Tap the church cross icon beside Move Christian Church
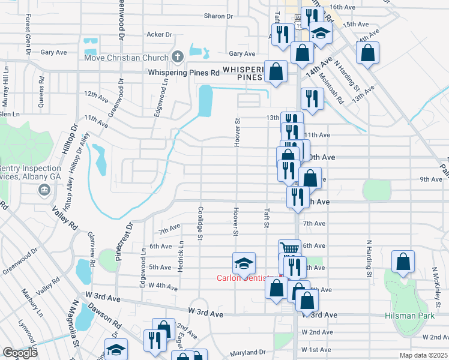point(177,58)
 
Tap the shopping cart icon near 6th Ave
point(290,248)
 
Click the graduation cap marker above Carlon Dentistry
point(244,263)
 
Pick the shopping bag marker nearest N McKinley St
point(403,262)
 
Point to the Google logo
point(20,352)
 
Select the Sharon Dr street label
point(218,16)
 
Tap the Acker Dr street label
point(160,35)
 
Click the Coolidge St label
point(199,222)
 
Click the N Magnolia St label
point(76,334)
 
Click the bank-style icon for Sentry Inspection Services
point(44,191)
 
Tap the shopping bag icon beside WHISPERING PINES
point(276,72)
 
